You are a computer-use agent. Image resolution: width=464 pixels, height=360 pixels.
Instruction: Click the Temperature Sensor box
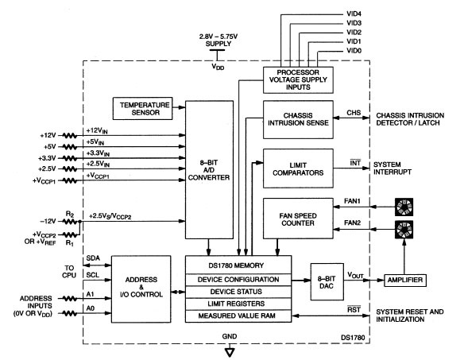coord(143,109)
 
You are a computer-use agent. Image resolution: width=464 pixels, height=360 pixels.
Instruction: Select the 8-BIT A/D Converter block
coord(209,169)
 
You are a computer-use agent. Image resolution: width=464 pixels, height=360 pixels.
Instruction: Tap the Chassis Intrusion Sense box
coord(298,120)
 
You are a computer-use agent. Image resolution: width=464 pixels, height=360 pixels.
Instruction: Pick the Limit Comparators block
coord(298,168)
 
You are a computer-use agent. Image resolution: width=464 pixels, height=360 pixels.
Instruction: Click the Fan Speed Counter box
coord(298,219)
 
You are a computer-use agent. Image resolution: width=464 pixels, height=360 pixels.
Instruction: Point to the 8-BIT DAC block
coord(327,282)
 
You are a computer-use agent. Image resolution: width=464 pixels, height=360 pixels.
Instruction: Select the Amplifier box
coord(405,280)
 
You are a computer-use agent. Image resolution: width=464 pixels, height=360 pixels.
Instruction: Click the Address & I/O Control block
coord(141,289)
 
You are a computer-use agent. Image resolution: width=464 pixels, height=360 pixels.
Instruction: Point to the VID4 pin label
coord(354,14)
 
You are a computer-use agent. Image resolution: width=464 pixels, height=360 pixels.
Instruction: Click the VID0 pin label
coord(354,51)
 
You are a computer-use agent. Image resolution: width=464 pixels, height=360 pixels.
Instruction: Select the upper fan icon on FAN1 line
coord(404,207)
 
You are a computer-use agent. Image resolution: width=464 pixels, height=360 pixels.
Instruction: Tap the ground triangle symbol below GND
coord(230,352)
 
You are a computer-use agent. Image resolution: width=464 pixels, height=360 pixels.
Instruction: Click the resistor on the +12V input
coord(70,136)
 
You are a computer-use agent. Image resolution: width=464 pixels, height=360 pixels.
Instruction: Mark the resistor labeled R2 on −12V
coord(70,222)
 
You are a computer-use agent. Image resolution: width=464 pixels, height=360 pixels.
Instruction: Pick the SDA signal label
coord(93,258)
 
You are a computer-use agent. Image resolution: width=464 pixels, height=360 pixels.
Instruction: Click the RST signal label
coord(354,309)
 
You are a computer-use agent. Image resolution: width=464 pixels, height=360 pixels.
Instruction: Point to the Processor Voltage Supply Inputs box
coord(298,80)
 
